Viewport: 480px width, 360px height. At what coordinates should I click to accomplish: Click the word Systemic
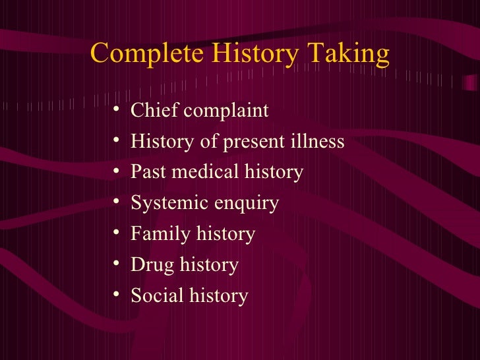click(163, 204)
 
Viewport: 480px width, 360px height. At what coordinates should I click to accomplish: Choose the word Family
click(156, 234)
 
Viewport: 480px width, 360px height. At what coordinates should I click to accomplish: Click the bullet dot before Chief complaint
click(116, 109)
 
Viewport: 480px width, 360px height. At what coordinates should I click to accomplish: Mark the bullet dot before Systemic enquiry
click(116, 202)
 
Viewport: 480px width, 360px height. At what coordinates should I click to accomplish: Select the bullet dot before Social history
click(116, 295)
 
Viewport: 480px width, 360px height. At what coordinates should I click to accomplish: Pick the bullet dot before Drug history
click(116, 264)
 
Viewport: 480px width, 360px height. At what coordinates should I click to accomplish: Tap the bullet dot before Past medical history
click(116, 171)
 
